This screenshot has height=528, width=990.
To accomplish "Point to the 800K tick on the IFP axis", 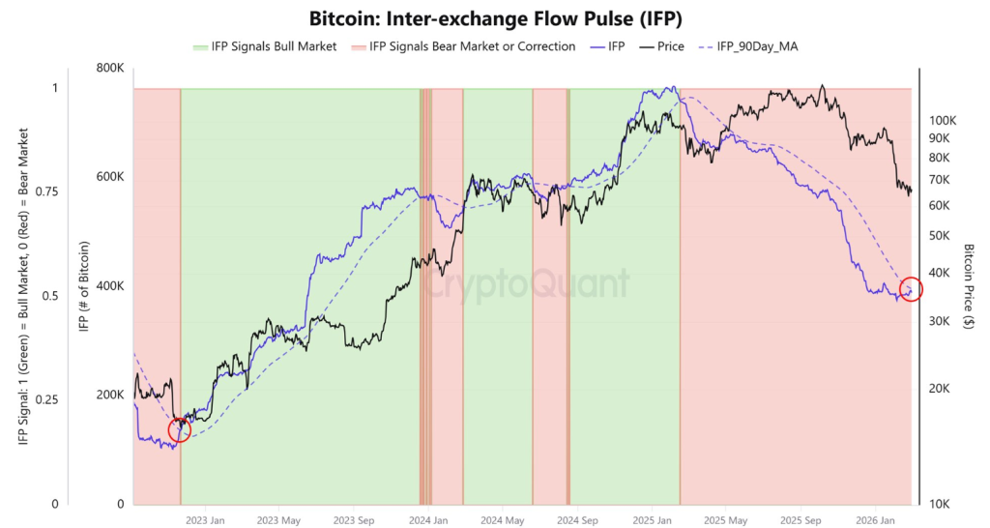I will coord(108,68).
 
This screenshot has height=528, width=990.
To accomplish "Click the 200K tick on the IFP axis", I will coord(108,396).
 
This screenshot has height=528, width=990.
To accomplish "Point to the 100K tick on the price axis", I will coord(942,121).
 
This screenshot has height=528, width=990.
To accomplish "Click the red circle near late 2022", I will coord(180,430).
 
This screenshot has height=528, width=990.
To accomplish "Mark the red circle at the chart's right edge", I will coord(911,289).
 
